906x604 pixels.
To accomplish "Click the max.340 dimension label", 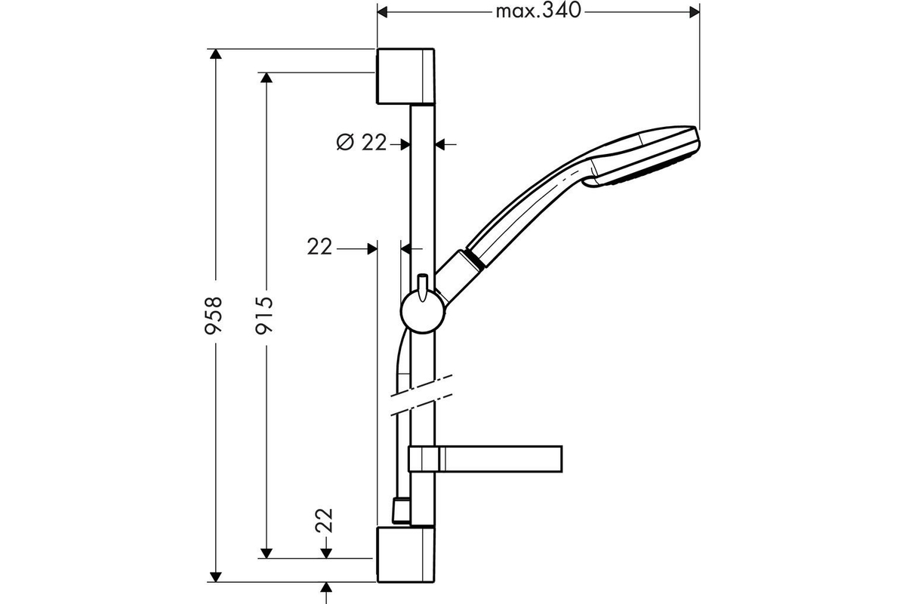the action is (x=538, y=11).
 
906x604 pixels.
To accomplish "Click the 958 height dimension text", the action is (x=213, y=315).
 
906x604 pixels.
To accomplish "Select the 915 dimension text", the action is (x=264, y=315).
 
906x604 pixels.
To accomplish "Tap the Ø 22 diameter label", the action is (x=362, y=142).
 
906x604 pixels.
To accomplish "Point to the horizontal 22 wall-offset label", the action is (x=319, y=246).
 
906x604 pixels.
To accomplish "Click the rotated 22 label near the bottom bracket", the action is (x=324, y=520).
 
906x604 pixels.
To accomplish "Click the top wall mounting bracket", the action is (x=405, y=76).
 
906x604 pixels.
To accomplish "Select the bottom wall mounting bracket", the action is (x=405, y=554).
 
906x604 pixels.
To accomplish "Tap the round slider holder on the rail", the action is (x=423, y=311).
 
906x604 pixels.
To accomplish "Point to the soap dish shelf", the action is (x=485, y=459).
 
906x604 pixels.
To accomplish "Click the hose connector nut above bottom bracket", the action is (x=401, y=510).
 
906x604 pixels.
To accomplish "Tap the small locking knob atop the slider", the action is (x=423, y=288).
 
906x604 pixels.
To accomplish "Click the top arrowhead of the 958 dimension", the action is (x=216, y=54).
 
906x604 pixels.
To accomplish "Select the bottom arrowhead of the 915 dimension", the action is (x=266, y=553).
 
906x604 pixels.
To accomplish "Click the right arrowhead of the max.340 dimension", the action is (x=695, y=12).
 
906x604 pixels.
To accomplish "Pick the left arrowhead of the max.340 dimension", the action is (x=383, y=12).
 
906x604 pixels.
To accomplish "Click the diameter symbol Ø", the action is (x=345, y=142).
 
